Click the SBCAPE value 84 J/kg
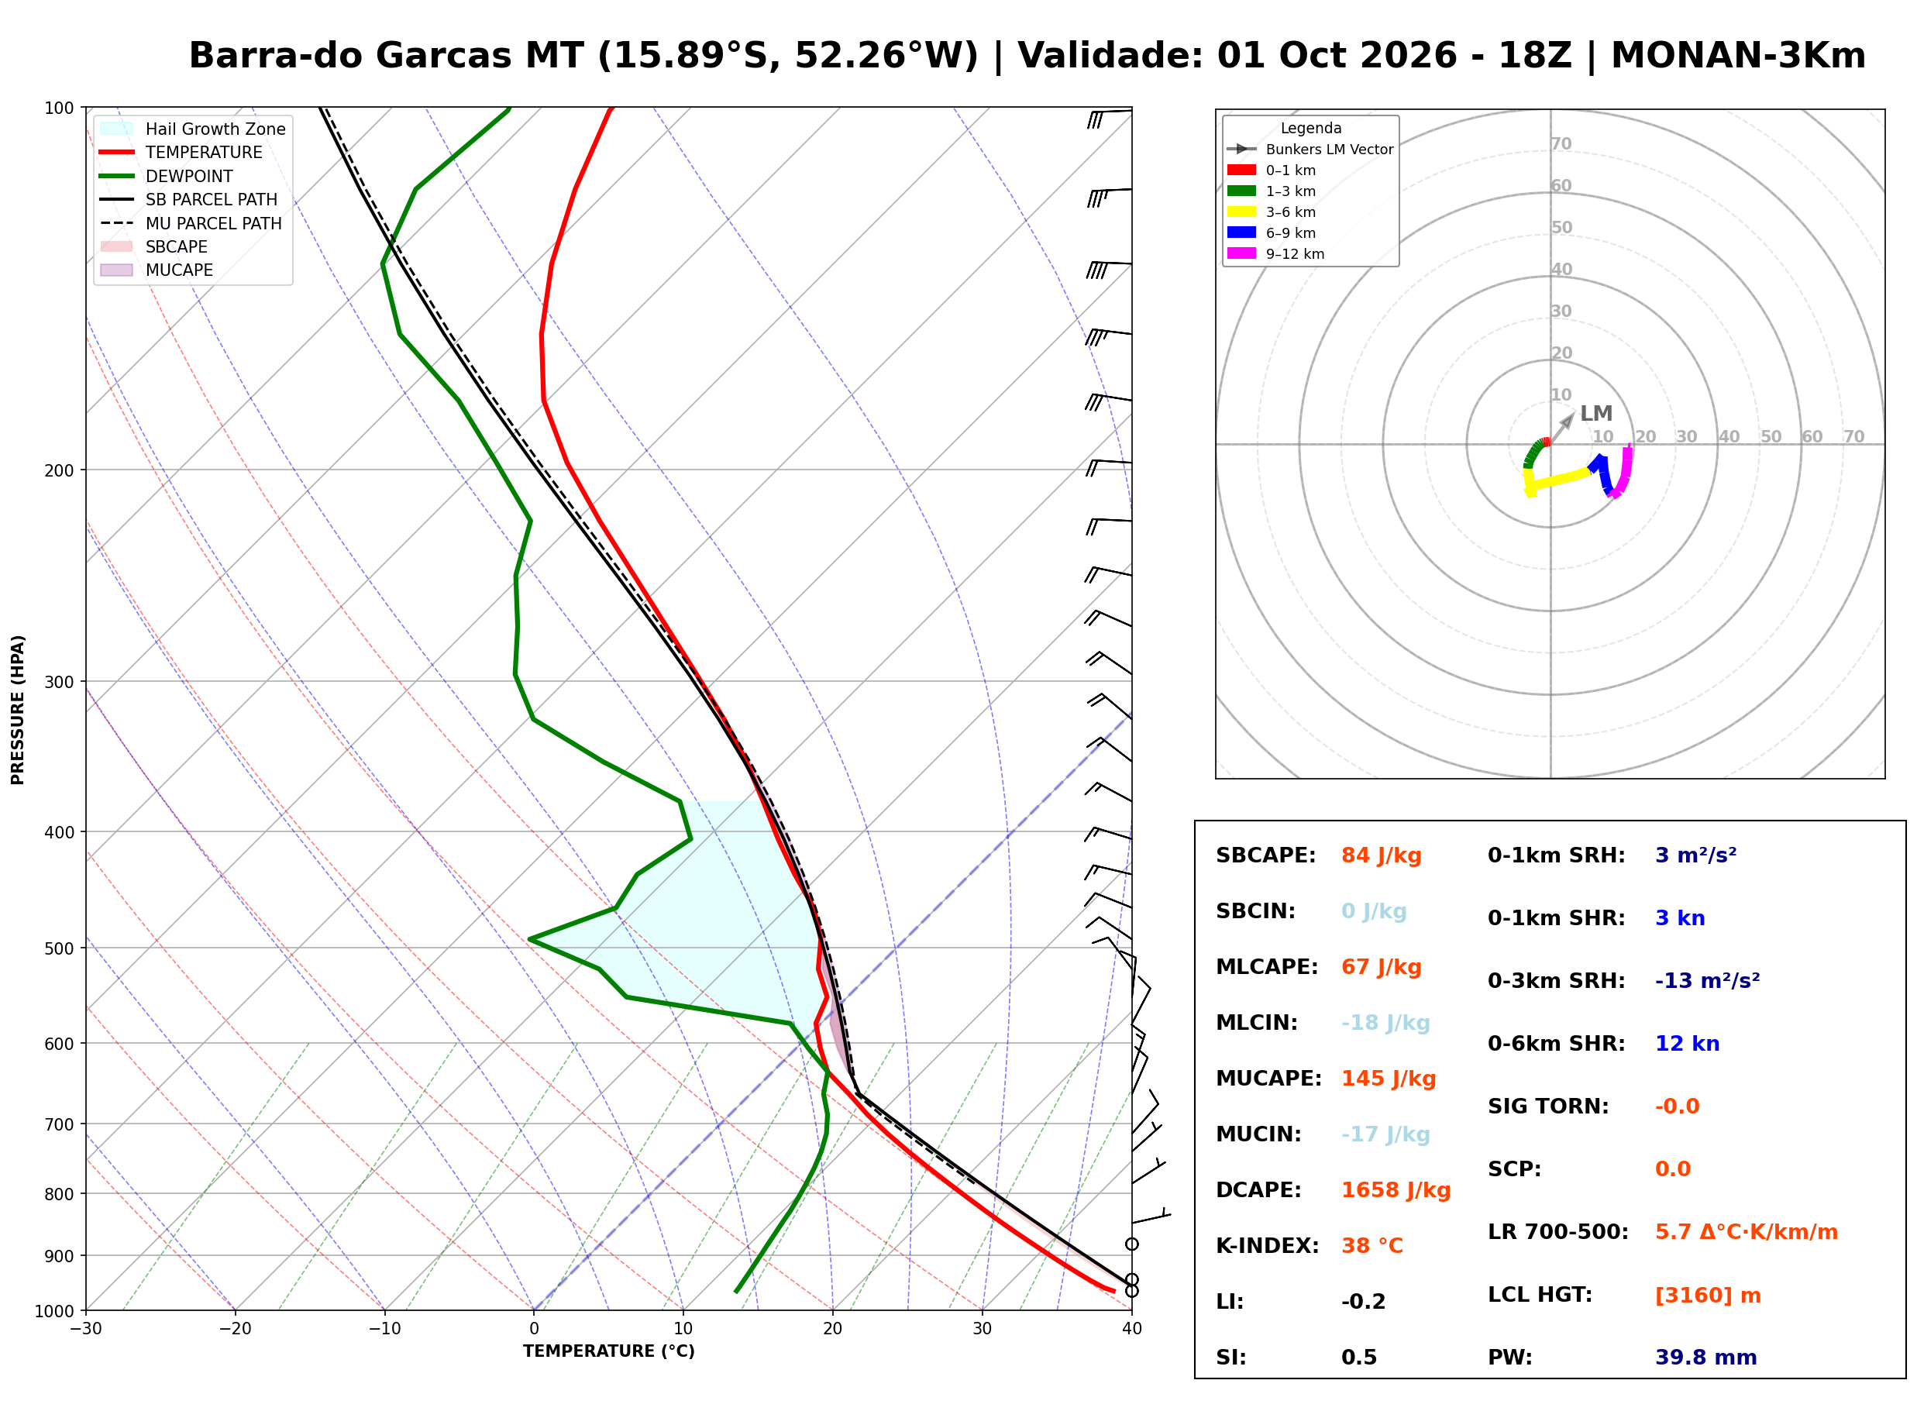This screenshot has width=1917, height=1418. point(1381,855)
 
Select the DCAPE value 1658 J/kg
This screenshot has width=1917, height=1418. point(1396,1190)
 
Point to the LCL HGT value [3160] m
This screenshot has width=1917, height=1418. point(1708,1296)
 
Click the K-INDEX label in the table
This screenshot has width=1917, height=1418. point(1267,1246)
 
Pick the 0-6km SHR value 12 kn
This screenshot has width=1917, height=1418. point(1687,1044)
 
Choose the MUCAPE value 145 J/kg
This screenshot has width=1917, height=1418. point(1389,1079)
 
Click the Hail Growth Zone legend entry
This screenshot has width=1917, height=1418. point(192,129)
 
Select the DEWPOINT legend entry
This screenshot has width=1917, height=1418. point(167,176)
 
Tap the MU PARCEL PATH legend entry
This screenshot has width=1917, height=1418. point(191,223)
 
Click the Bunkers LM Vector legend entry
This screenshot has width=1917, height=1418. point(1310,150)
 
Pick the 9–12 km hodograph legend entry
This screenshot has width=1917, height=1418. point(1275,254)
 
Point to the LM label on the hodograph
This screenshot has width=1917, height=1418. point(1596,414)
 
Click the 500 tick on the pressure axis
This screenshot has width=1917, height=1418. point(58,948)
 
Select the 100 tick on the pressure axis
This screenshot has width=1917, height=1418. point(58,108)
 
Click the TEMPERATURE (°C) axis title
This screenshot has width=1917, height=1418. point(608,1352)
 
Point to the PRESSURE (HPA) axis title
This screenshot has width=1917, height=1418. point(18,710)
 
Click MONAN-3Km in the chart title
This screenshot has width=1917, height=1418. point(1738,56)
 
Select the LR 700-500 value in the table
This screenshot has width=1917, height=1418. point(1747,1233)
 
